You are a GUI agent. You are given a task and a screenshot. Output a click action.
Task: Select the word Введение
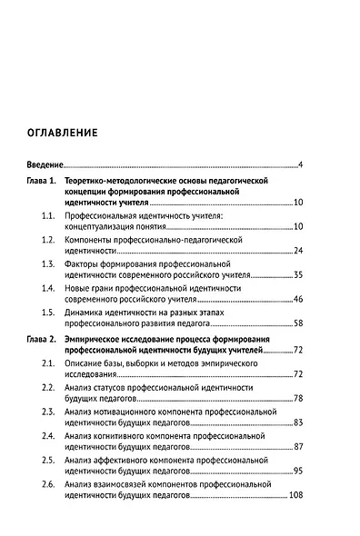point(44,164)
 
